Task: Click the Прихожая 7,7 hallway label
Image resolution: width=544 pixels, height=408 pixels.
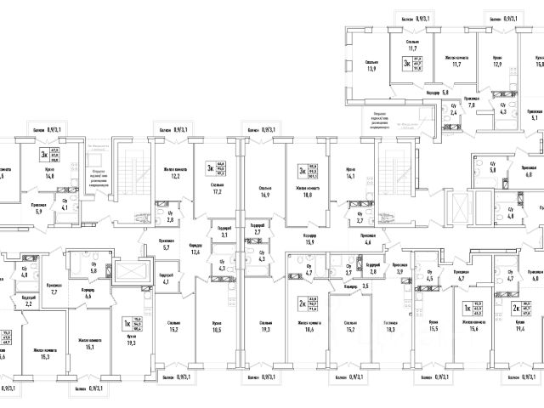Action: pyautogui.click(x=54, y=288)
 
